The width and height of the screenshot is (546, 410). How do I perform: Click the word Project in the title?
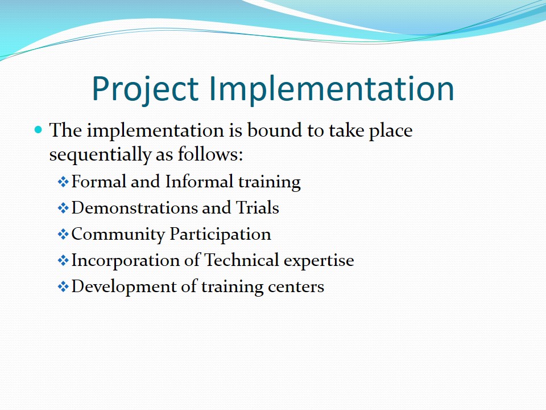point(145,89)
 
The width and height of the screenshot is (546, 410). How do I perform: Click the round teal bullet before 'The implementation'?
point(38,130)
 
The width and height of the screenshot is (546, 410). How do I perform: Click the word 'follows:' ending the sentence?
point(210,154)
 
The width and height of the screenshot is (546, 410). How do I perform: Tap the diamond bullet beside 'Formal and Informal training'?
point(63,182)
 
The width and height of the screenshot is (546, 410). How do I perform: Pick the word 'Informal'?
point(199,181)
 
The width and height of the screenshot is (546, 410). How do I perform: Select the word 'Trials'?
point(257,208)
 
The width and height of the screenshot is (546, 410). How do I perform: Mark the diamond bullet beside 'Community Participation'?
point(63,234)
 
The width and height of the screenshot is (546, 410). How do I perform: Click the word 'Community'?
point(118,234)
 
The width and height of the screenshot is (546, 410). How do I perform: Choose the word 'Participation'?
point(221,234)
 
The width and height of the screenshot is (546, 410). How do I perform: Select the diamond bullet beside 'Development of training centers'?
point(63,286)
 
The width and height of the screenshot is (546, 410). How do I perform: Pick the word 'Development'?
point(124,287)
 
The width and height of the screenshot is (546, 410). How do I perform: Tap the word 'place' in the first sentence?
point(391,131)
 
